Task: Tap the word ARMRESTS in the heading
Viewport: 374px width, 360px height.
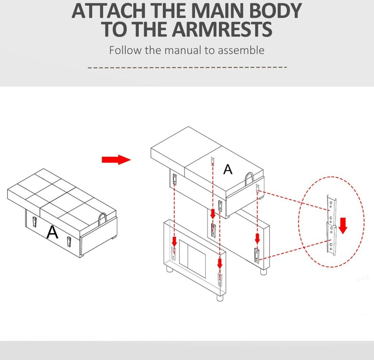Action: pyautogui.click(x=222, y=29)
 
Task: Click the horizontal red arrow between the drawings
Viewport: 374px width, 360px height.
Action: pyautogui.click(x=117, y=160)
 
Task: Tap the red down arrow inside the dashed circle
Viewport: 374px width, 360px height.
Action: pyautogui.click(x=343, y=226)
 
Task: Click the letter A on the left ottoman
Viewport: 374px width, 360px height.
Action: pyautogui.click(x=52, y=232)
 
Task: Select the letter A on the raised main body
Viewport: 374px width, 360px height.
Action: pyautogui.click(x=228, y=170)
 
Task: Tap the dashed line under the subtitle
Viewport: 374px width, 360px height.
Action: pyautogui.click(x=187, y=68)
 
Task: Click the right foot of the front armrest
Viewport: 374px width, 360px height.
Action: pyautogui.click(x=220, y=298)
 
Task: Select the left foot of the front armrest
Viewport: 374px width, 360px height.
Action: pyautogui.click(x=169, y=270)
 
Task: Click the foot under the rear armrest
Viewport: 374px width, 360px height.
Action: pyautogui.click(x=263, y=272)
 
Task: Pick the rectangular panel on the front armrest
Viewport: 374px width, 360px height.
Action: pyautogui.click(x=192, y=259)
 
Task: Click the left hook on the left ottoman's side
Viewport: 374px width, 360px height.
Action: pyautogui.click(x=35, y=222)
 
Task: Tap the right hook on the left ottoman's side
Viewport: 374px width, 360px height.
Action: pyautogui.click(x=69, y=242)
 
